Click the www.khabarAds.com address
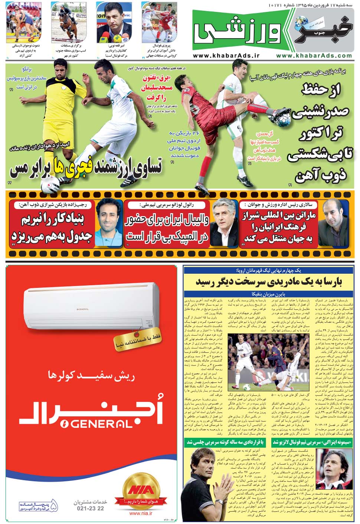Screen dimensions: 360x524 (314, 55)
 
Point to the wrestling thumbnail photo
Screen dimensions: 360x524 (20, 22)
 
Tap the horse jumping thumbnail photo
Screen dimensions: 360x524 (65, 22)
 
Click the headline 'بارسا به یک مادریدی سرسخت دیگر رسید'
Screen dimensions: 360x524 (269, 282)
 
